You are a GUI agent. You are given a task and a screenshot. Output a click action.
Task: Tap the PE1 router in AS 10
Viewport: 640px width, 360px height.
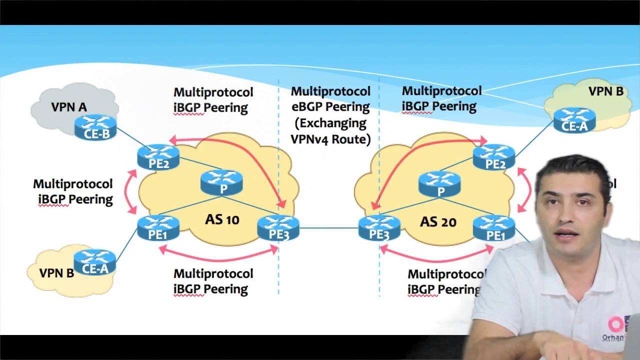pyautogui.click(x=158, y=228)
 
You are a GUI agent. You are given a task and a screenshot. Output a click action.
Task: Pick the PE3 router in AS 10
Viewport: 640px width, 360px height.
pyautogui.click(x=278, y=228)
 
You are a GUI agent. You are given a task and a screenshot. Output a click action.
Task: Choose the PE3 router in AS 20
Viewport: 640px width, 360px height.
pyautogui.click(x=379, y=228)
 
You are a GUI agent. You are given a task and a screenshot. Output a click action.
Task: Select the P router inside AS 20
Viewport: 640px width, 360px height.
pyautogui.click(x=439, y=184)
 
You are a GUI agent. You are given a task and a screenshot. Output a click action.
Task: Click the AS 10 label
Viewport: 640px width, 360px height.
pyautogui.click(x=222, y=219)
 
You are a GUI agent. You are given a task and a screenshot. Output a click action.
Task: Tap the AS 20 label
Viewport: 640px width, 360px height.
pyautogui.click(x=438, y=221)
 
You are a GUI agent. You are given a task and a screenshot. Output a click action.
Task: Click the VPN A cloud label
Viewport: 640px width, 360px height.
pyautogui.click(x=69, y=107)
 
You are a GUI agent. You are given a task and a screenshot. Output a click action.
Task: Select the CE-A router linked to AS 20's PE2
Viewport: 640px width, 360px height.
pyautogui.click(x=574, y=120)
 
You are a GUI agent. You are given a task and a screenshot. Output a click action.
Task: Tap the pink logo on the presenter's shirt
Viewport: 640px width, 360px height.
pyautogui.click(x=616, y=324)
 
